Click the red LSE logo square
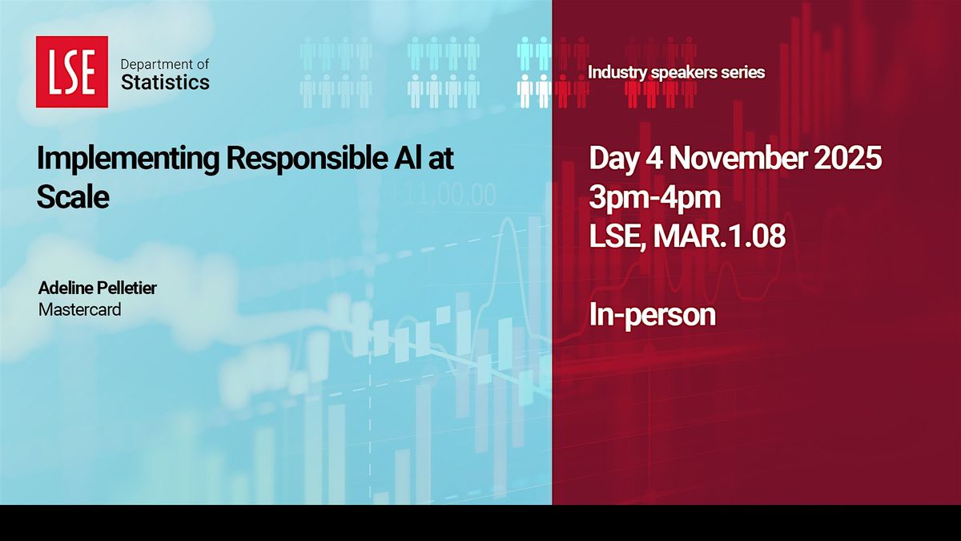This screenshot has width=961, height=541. tap(72, 71)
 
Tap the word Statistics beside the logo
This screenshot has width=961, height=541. tap(165, 82)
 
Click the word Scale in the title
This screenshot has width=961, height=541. tap(72, 196)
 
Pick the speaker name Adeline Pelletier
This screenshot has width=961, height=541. tap(97, 288)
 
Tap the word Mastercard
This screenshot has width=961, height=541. tap(79, 308)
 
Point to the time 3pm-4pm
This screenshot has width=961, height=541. tap(654, 197)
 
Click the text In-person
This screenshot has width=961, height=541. tap(652, 315)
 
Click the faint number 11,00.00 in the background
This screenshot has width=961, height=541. tap(444, 194)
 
